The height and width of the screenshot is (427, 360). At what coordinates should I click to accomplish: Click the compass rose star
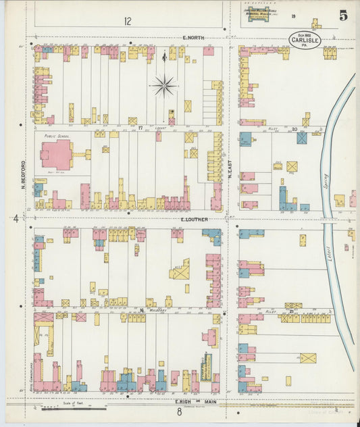click(x=164, y=85)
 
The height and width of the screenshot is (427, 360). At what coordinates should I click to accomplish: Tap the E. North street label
click(x=192, y=38)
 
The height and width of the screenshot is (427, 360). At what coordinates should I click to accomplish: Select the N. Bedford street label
click(x=23, y=174)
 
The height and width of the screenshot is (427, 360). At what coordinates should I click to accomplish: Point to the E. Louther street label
click(x=194, y=220)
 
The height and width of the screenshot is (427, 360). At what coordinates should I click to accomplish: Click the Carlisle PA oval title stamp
click(x=305, y=40)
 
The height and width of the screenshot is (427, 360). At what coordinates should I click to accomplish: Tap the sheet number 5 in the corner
click(x=344, y=16)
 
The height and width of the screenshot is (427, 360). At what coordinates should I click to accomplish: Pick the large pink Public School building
click(x=57, y=155)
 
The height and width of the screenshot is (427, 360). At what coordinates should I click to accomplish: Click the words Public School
click(x=57, y=136)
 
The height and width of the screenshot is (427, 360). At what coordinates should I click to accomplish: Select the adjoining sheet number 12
click(x=127, y=21)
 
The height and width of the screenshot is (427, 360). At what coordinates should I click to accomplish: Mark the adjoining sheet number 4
click(x=15, y=218)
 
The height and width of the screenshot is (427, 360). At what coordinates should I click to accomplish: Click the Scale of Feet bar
click(x=74, y=408)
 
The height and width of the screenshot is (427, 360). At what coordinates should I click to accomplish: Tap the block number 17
click(x=140, y=126)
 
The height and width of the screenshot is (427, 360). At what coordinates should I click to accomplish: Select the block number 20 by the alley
click(x=294, y=127)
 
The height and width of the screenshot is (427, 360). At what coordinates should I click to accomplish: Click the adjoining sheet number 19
click(x=294, y=16)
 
